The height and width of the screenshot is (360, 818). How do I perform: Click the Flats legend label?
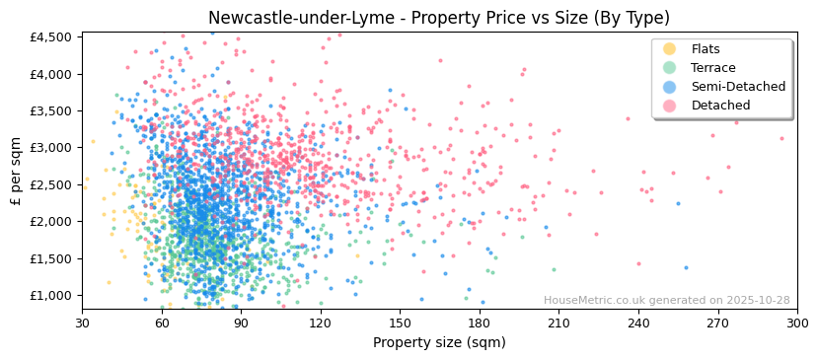click(x=706, y=49)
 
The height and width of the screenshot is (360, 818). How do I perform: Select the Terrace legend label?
click(x=712, y=68)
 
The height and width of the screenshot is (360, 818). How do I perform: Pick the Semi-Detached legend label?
click(x=738, y=87)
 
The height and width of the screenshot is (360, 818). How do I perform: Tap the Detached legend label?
click(x=720, y=106)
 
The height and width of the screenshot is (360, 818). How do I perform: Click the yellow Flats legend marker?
click(x=669, y=49)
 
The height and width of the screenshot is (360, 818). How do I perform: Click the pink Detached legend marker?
click(x=669, y=106)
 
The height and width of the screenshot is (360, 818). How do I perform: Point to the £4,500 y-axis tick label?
click(x=51, y=37)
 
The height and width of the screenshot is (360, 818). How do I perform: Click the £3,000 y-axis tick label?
click(x=51, y=148)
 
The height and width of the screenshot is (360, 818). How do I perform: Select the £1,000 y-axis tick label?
click(x=51, y=296)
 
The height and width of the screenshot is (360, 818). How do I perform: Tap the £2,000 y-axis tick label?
click(x=51, y=222)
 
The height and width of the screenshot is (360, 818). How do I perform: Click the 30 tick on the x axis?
click(x=82, y=323)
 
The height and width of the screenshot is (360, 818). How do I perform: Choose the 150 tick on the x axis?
click(x=400, y=323)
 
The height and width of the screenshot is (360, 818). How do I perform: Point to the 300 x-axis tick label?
click(x=797, y=323)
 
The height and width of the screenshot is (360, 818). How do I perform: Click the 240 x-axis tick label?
click(x=638, y=323)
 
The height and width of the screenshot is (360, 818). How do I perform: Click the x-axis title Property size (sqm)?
click(x=439, y=343)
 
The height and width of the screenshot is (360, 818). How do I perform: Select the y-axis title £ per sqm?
click(x=17, y=172)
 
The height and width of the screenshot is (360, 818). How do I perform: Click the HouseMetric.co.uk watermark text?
click(x=666, y=301)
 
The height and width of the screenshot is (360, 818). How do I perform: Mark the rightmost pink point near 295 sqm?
click(x=782, y=138)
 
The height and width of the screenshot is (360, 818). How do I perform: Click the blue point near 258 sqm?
click(x=686, y=267)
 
